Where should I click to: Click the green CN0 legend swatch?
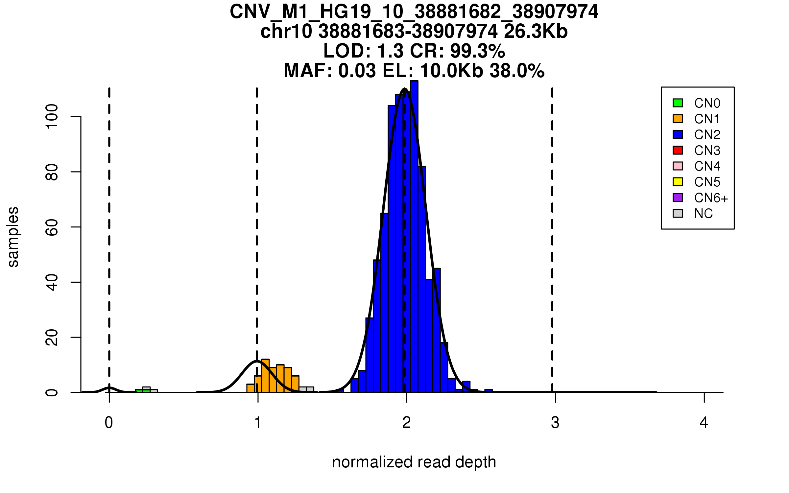pyautogui.click(x=678, y=103)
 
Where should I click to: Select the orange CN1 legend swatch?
pyautogui.click(x=678, y=119)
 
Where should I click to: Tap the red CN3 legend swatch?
pyautogui.click(x=678, y=150)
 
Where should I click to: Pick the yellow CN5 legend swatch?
pyautogui.click(x=678, y=182)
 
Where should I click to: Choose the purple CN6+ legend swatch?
pyautogui.click(x=678, y=198)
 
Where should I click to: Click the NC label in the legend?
pyautogui.click(x=704, y=214)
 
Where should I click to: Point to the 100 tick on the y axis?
pyautogui.click(x=52, y=117)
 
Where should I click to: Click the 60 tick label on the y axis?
pyautogui.click(x=52, y=227)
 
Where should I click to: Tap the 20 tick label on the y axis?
pyautogui.click(x=52, y=338)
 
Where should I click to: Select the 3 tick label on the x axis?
pyautogui.click(x=555, y=423)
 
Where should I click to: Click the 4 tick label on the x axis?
pyautogui.click(x=704, y=423)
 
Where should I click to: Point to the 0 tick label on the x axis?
pyautogui.click(x=109, y=423)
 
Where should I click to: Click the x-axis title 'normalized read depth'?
pyautogui.click(x=414, y=462)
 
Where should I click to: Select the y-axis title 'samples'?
pyautogui.click(x=13, y=237)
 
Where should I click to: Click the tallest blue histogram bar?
pyautogui.click(x=414, y=237)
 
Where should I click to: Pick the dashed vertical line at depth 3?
pyautogui.click(x=552, y=230)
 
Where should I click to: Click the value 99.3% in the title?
pyautogui.click(x=477, y=51)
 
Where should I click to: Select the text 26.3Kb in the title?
pyautogui.click(x=536, y=32)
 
